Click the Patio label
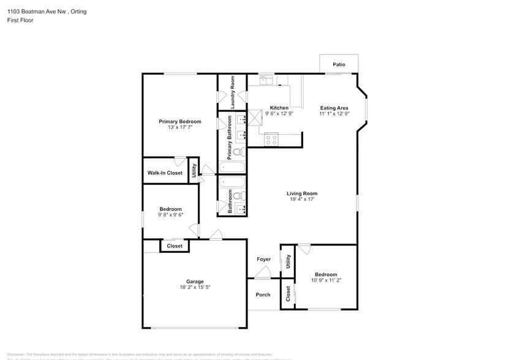coord(338,64)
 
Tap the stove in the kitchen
coord(271,140)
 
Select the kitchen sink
coord(266,78)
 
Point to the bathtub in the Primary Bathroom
coord(232,167)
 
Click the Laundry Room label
coord(233,93)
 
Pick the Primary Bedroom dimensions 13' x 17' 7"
coord(179,127)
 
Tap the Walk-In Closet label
coord(165,173)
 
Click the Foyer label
coord(263,259)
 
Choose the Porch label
coord(263,294)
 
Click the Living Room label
coord(302,193)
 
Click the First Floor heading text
coord(21,20)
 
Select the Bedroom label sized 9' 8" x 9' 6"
coord(171,209)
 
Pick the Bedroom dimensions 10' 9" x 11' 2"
coord(326,280)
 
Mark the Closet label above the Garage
coord(175,246)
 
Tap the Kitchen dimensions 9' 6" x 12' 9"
coord(279,114)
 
